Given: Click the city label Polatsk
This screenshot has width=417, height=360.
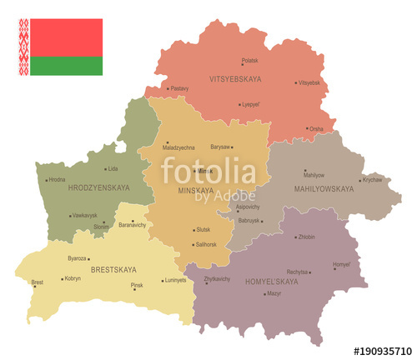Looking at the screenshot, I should pyautogui.click(x=249, y=60).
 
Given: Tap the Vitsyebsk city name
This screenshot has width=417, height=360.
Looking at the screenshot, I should pyautogui.click(x=309, y=82).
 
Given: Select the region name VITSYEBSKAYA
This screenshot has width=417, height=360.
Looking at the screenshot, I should pyautogui.click(x=235, y=78).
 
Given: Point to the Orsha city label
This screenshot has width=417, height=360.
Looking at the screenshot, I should pyautogui.click(x=317, y=129).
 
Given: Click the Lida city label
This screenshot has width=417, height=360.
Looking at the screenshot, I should pyautogui.click(x=113, y=146).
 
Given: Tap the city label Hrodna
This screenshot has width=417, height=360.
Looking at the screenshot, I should pyautogui.click(x=57, y=179).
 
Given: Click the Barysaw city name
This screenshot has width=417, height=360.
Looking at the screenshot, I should pyautogui.click(x=220, y=147).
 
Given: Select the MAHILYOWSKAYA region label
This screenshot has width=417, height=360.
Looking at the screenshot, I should pyautogui.click(x=324, y=189).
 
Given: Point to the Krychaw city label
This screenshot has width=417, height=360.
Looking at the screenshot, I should pyautogui.click(x=372, y=179).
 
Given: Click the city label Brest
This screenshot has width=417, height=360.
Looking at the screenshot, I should pyautogui.click(x=38, y=282).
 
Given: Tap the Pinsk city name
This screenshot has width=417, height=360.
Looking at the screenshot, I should pyautogui.click(x=137, y=286).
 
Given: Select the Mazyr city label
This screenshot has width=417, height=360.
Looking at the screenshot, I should pyautogui.click(x=274, y=293).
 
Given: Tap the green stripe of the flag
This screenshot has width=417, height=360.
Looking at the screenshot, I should pyautogui.click(x=66, y=66).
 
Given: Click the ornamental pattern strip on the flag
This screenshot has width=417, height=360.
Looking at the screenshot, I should pyautogui.click(x=24, y=47).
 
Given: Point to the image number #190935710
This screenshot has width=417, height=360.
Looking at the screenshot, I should pyautogui.click(x=383, y=351).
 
